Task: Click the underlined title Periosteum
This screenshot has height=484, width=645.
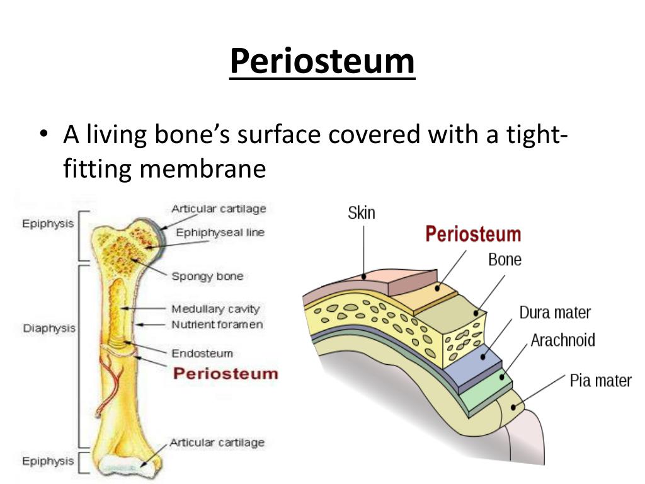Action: (322, 62)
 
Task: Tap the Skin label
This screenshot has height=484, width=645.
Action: (361, 212)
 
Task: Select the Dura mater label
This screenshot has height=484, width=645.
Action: (555, 313)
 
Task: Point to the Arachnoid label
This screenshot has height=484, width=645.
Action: (562, 340)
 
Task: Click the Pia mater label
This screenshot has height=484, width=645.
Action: (600, 380)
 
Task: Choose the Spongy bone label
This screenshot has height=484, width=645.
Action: (207, 276)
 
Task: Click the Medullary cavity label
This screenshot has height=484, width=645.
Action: (215, 309)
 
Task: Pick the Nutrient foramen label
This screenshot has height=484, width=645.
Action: (217, 325)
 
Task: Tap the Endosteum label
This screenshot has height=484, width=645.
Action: (202, 353)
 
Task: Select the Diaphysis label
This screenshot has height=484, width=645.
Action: (49, 328)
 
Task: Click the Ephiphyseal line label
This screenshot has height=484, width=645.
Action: (220, 233)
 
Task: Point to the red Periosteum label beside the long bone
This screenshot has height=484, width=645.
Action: (225, 373)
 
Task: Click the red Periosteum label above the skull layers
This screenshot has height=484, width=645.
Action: (473, 234)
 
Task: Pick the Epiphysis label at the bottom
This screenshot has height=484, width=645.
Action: (48, 461)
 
